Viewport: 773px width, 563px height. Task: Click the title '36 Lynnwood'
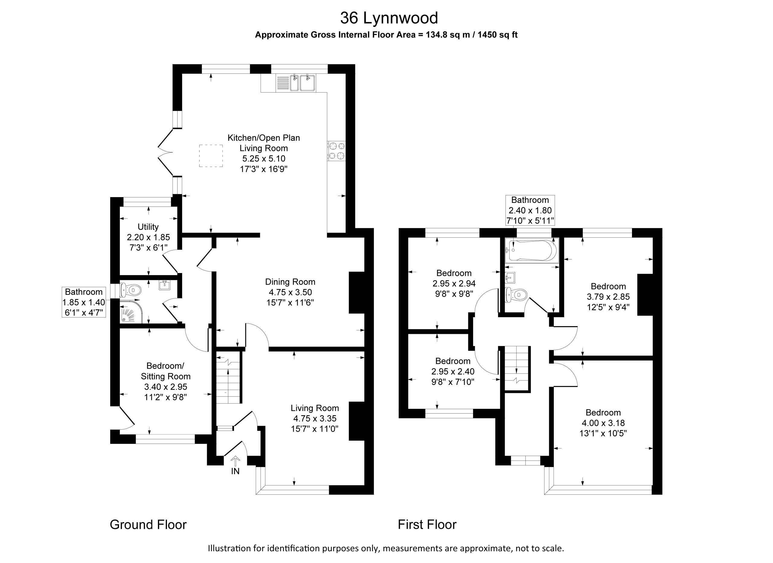tap(389, 18)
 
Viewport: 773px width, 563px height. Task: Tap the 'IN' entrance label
tap(235, 471)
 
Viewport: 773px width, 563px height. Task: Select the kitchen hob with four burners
tap(337, 151)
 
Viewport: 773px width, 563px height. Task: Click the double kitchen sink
tap(303, 83)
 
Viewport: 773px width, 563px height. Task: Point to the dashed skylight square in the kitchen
tap(211, 156)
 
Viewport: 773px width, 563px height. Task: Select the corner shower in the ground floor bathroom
tap(130, 311)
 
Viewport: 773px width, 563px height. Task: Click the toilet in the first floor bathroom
tap(516, 294)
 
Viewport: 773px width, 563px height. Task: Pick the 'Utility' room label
tap(148, 227)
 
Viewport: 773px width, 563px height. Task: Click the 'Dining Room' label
tap(290, 282)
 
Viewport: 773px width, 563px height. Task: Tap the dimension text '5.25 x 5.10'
tap(264, 159)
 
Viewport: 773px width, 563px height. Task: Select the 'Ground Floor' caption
tap(148, 524)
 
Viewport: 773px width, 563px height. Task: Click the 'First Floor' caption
tap(427, 524)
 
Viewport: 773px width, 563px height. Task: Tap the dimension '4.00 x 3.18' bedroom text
tap(603, 423)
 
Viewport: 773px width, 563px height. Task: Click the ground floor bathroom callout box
tap(84, 302)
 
